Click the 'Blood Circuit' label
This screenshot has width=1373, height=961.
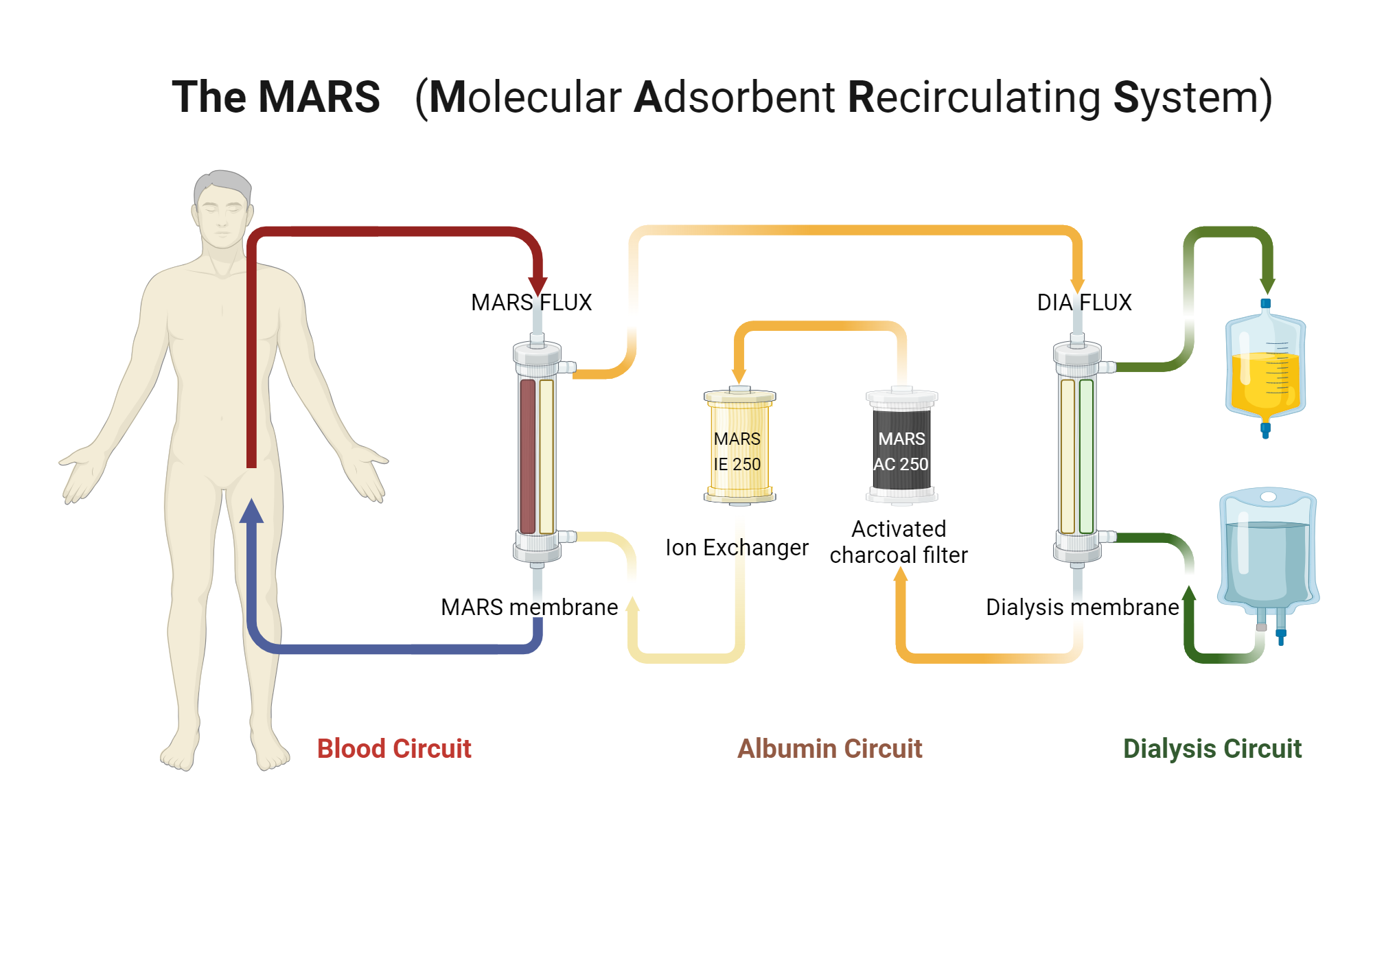pos(394,749)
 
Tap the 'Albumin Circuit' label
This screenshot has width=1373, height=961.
pos(829,749)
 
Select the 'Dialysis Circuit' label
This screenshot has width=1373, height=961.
pos(1212,749)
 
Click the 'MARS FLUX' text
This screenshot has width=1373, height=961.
pos(531,303)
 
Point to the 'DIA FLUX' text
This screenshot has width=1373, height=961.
pos(1084,303)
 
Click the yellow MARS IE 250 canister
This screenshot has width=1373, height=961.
pos(739,446)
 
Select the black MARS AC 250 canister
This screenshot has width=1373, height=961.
pos(901,446)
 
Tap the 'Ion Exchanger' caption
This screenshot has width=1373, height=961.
pos(737,548)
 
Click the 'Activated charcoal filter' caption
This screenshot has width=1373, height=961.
pos(899,542)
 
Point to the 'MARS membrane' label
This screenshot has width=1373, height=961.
pos(529,607)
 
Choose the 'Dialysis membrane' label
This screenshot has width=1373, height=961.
pos(1082,607)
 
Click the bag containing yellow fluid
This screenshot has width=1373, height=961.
pos(1265,371)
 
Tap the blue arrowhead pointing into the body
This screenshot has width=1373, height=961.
pos(251,511)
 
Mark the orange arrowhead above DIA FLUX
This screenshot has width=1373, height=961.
pos(1077,284)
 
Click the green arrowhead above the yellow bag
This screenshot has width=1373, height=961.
pos(1267,284)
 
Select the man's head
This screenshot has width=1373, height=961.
pos(221,209)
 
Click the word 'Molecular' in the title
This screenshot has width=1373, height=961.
pos(525,97)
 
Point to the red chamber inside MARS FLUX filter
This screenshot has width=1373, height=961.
pos(527,456)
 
